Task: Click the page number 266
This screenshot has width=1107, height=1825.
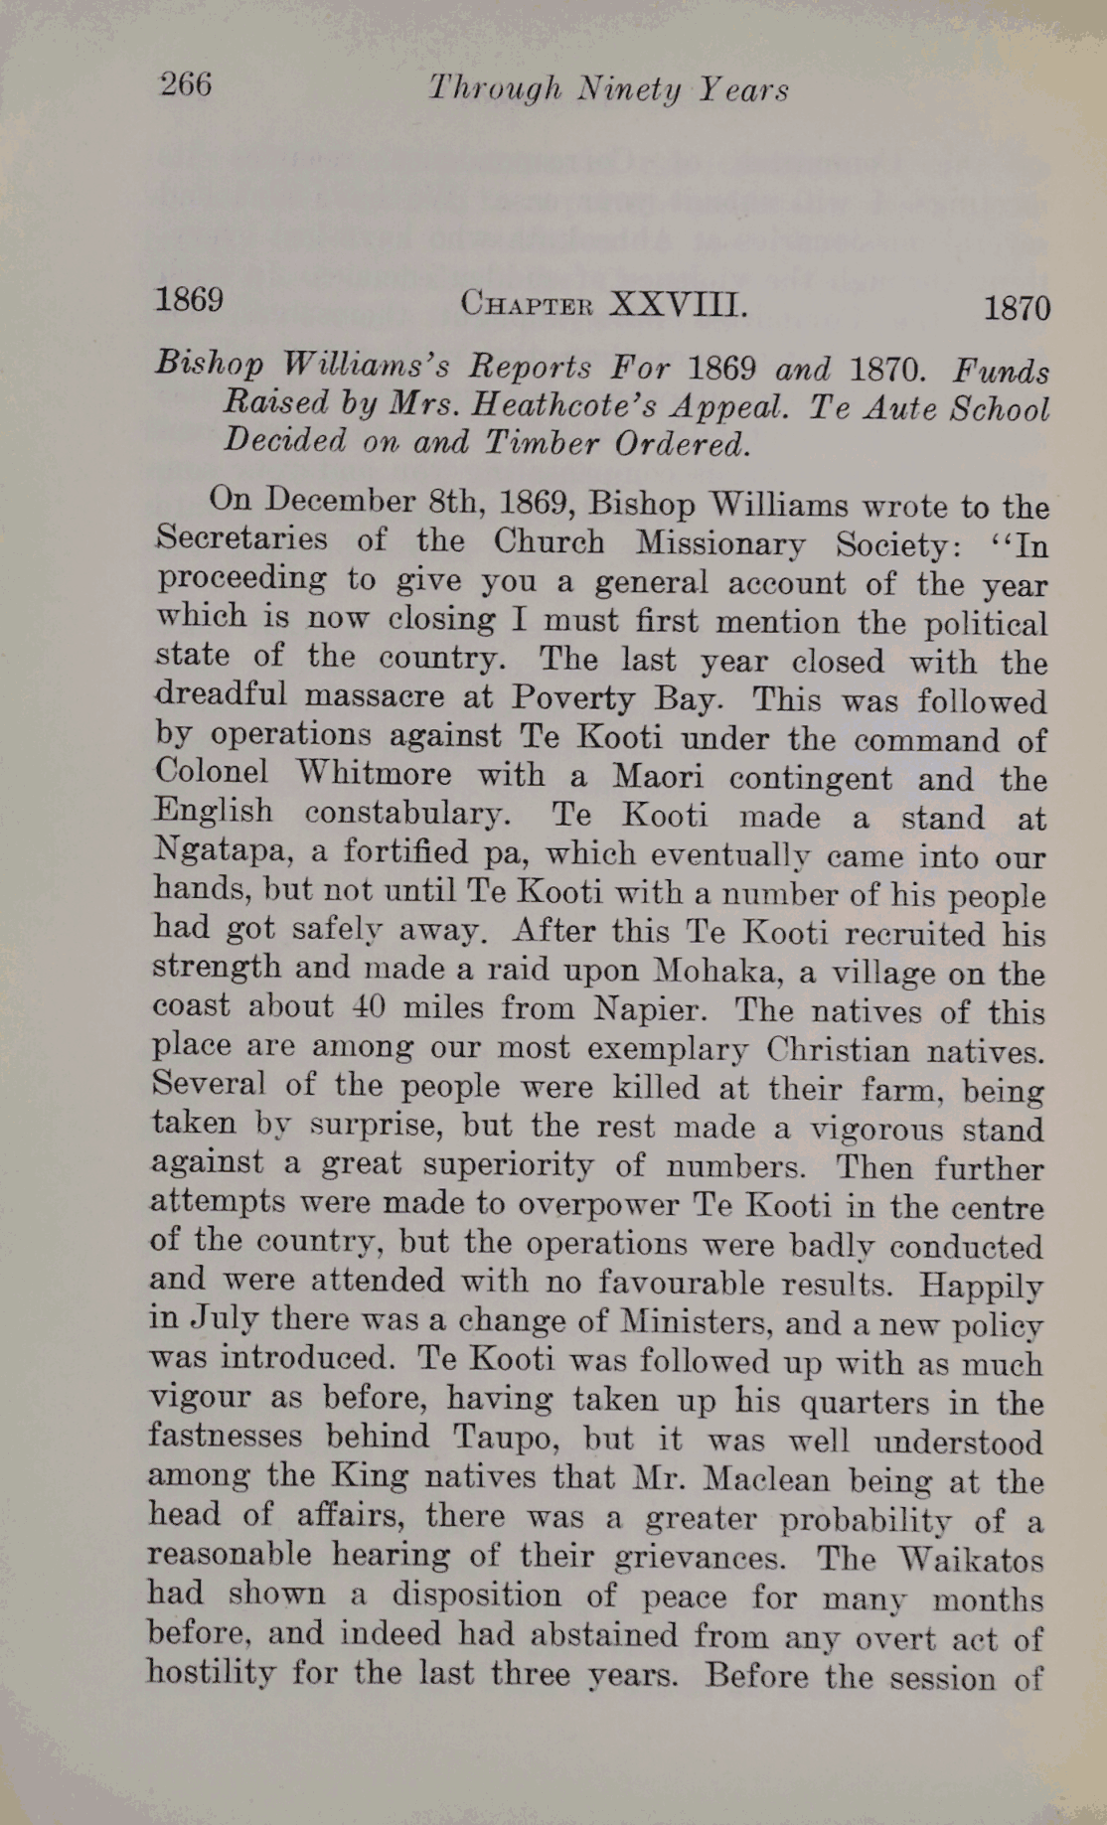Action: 186,85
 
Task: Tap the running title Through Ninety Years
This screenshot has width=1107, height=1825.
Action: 608,90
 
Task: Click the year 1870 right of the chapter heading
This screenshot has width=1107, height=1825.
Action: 1017,309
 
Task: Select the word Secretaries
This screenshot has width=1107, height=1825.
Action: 241,538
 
